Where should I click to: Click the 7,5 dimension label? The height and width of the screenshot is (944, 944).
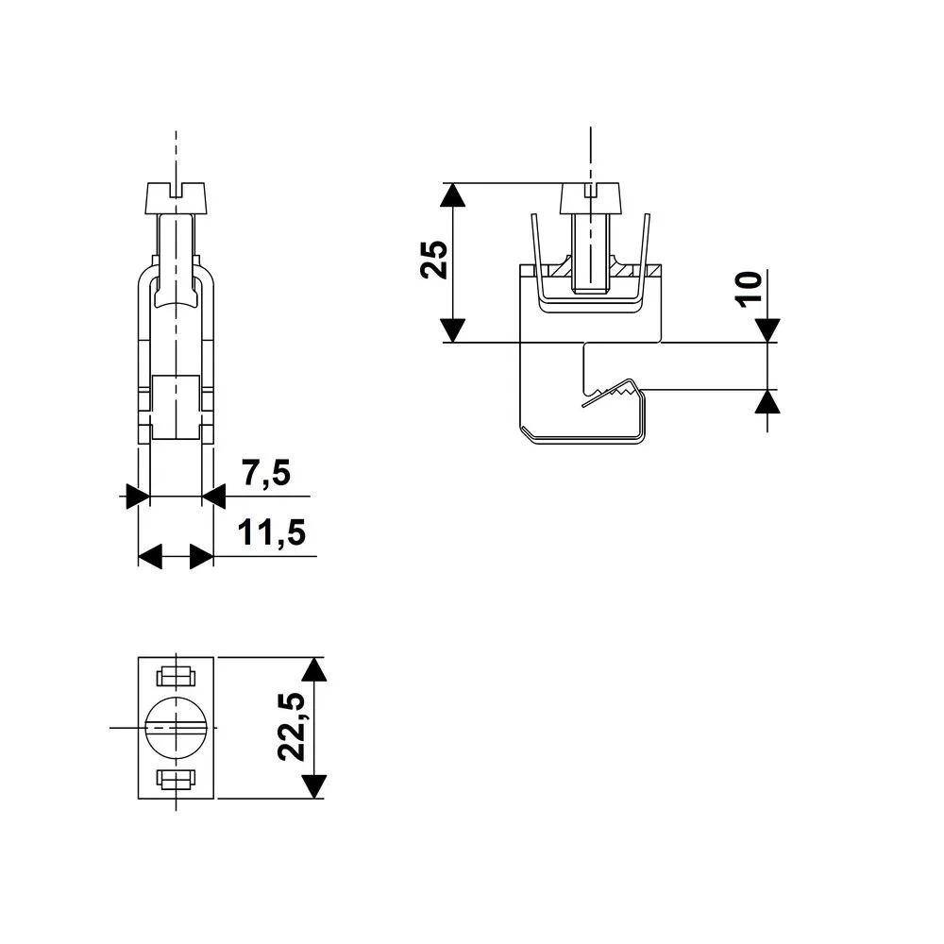(x=266, y=473)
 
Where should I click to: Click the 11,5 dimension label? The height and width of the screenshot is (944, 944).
(x=272, y=532)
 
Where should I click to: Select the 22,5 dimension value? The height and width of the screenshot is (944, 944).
(x=292, y=727)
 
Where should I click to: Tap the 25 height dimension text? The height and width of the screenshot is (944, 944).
(x=434, y=260)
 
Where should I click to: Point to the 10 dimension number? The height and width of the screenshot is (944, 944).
(x=750, y=290)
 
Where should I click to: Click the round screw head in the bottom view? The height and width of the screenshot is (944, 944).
(x=176, y=727)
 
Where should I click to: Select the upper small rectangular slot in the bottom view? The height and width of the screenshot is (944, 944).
(x=176, y=677)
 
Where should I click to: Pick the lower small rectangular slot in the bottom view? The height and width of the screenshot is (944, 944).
(x=176, y=779)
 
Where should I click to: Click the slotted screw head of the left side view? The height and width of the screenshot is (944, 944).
(x=176, y=198)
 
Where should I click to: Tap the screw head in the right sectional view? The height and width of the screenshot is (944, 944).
(x=591, y=198)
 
